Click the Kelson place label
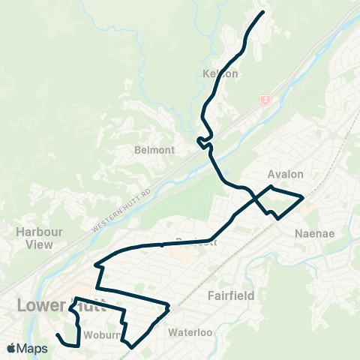(220, 74)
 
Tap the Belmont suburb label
(154, 150)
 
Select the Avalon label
(286, 174)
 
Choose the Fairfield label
(232, 295)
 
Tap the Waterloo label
(192, 331)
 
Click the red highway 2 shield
(264, 98)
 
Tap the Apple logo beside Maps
(11, 348)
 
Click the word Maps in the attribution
(33, 348)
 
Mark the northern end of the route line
(263, 12)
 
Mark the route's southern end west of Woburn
(57, 334)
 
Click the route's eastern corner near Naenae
(302, 198)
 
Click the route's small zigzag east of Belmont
(201, 140)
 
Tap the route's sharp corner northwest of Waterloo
(169, 306)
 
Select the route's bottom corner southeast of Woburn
(131, 346)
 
